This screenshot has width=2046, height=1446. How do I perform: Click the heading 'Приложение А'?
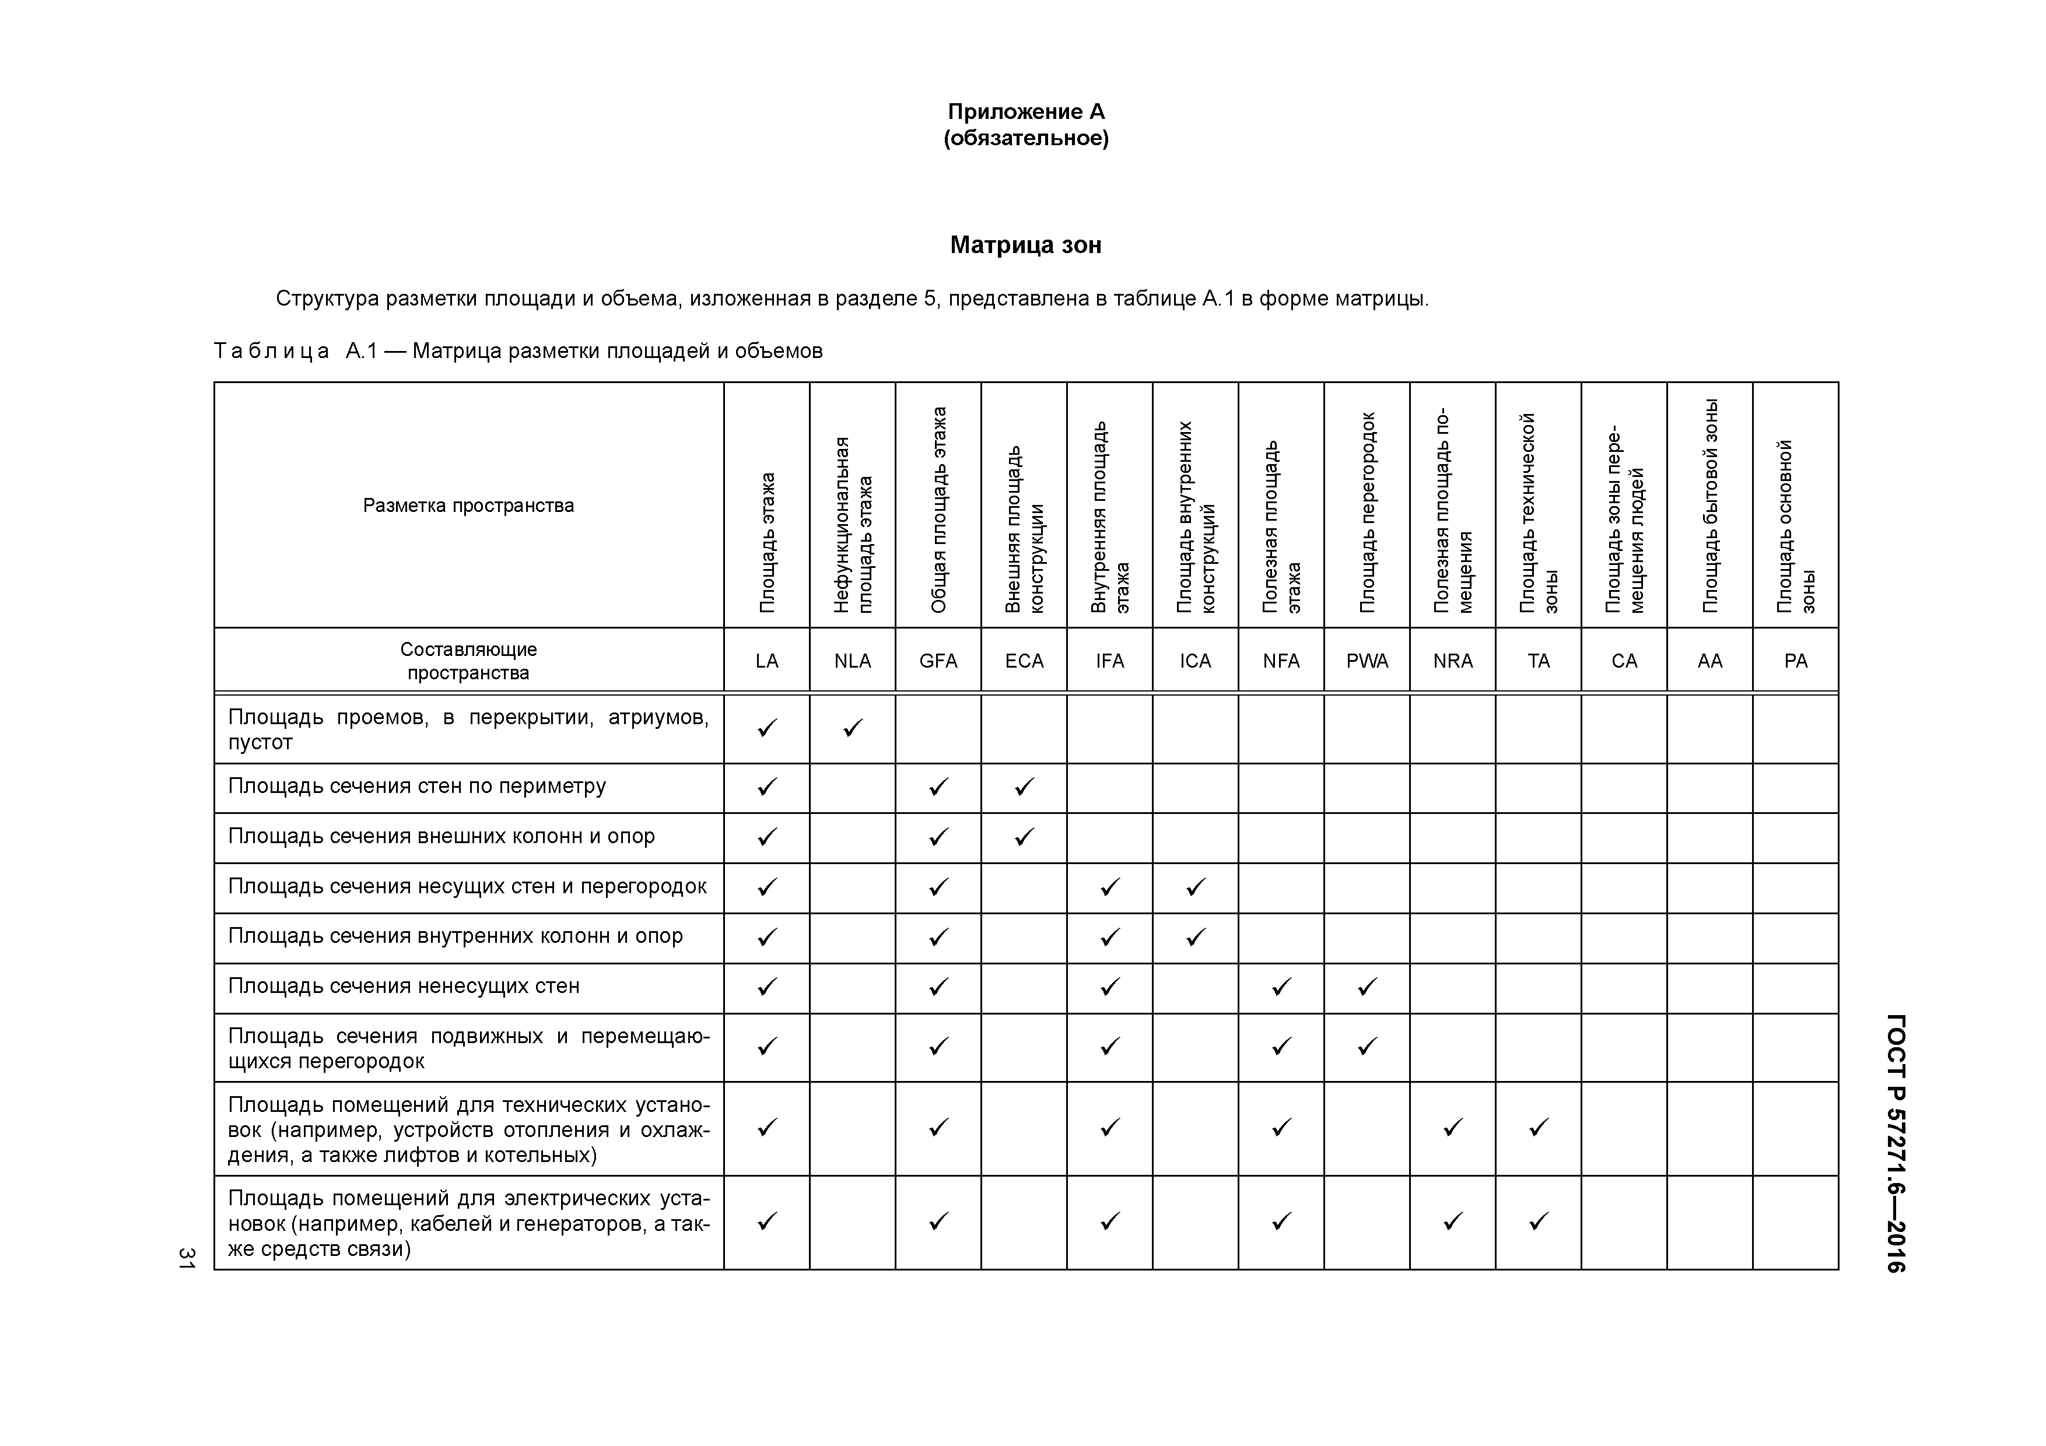click(1026, 111)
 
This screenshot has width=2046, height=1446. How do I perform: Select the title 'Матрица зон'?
click(1026, 245)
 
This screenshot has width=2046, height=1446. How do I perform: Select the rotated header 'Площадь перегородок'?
click(1367, 513)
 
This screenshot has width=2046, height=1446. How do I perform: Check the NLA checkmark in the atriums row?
click(853, 729)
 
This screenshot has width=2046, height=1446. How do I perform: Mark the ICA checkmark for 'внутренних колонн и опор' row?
click(1195, 937)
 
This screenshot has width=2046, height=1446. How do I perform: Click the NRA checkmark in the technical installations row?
click(1452, 1128)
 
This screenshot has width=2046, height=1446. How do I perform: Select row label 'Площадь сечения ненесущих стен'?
click(404, 987)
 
